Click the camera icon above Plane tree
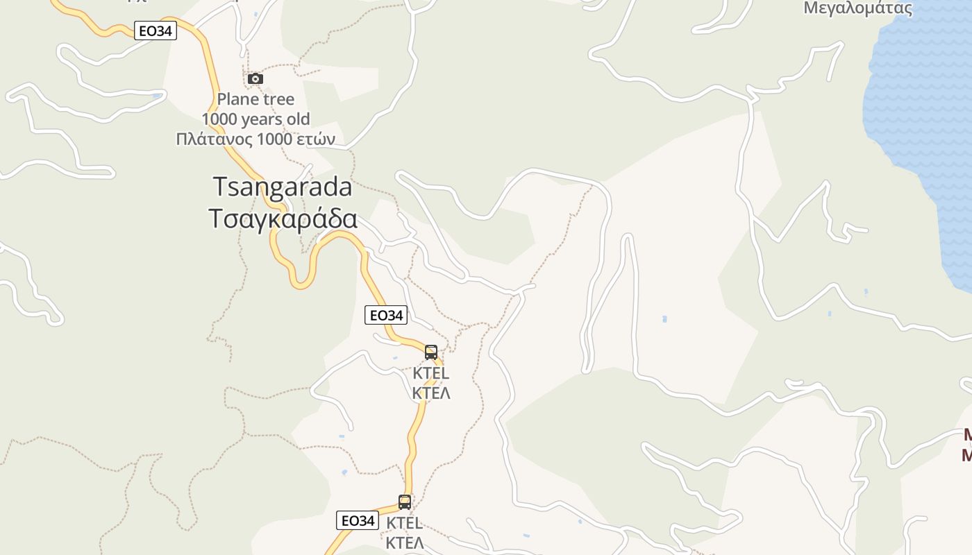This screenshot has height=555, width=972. pos(255,78)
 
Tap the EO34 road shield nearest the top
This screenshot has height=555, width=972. pos(156,31)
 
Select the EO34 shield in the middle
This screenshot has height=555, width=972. pos(386,315)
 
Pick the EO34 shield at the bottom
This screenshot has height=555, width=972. pos(358,520)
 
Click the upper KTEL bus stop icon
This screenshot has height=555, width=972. pos(431,352)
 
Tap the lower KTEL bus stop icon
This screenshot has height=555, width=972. pos(405,502)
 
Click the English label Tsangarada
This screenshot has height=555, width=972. pos(282,187)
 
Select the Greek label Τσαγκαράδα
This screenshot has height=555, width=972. pos(283,218)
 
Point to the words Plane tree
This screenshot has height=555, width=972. pos(255,99)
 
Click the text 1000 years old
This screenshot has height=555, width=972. pos(255,119)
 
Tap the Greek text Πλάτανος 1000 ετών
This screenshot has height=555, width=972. pos(255,139)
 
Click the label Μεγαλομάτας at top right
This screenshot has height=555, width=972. pos(857,9)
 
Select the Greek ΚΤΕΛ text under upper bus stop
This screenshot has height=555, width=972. pos(431,393)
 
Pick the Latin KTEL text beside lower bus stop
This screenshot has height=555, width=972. pos(405,523)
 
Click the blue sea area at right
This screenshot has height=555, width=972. pos(916,104)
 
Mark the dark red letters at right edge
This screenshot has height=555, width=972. pos(966,445)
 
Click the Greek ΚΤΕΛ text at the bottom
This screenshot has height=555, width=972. pos(405,543)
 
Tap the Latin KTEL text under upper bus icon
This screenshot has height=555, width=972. pos(431,373)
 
